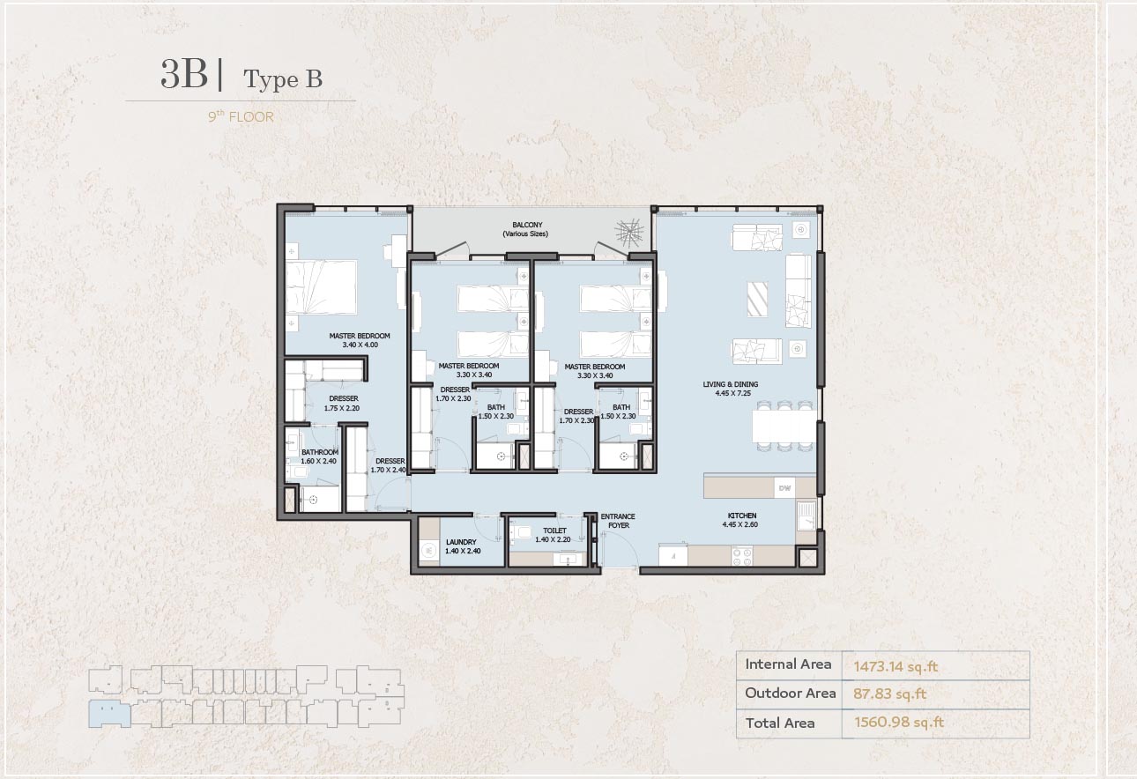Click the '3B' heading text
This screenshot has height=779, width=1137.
[183, 74]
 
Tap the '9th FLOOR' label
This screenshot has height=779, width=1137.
[241, 116]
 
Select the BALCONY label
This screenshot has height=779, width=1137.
[527, 225]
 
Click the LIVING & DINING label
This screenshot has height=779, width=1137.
[731, 384]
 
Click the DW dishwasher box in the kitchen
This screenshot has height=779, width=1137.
[784, 488]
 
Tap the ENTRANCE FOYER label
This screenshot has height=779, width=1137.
[618, 521]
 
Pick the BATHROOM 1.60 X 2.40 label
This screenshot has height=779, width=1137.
[319, 456]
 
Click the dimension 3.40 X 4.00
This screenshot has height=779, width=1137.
[360, 345]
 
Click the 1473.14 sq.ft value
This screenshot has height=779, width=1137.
[895, 666]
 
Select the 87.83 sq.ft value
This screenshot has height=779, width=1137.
[890, 694]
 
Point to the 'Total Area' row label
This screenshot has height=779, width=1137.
[780, 723]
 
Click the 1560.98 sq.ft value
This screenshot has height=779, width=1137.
[899, 722]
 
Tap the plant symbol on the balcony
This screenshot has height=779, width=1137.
[629, 233]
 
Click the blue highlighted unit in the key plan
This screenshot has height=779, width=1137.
[109, 714]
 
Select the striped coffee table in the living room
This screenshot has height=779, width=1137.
[757, 299]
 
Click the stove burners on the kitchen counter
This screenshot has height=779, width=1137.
[741, 557]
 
